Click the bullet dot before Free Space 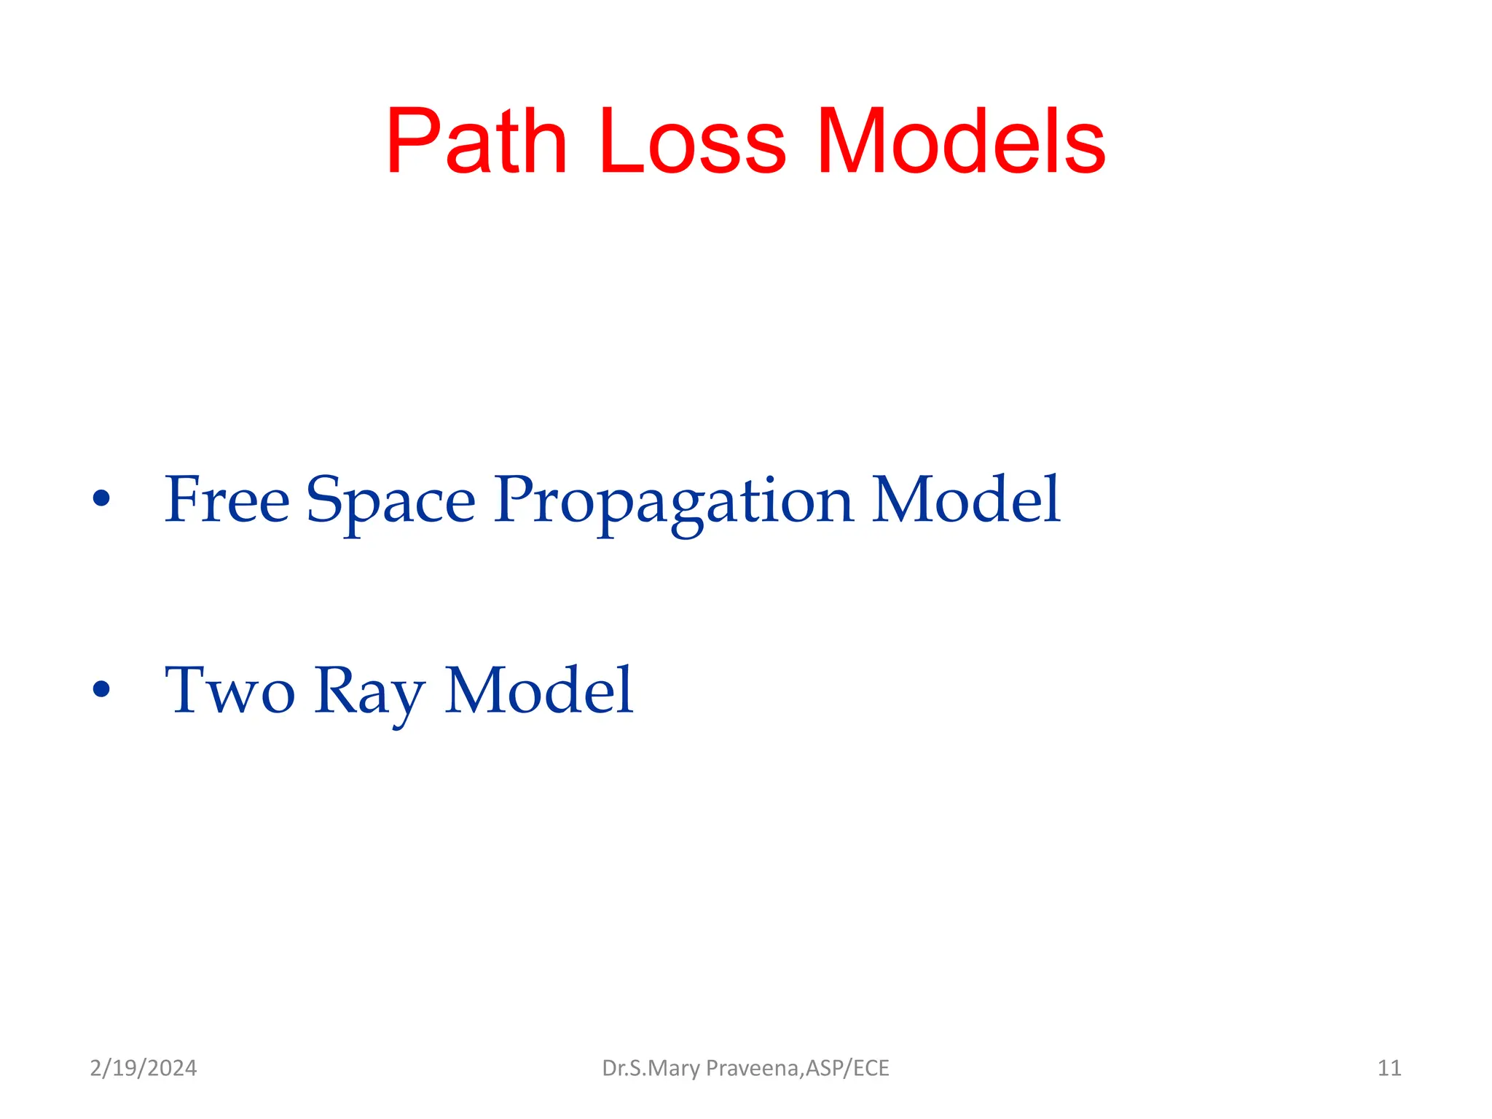101,499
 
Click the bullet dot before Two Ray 101,689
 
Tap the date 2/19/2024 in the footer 144,1068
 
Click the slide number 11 1389,1068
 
